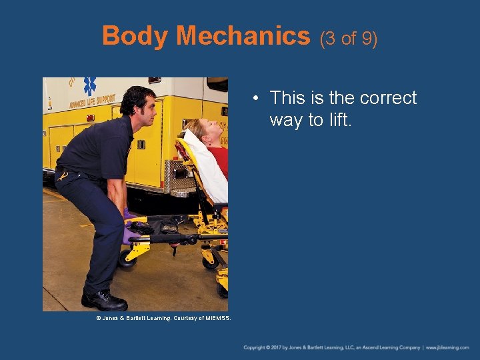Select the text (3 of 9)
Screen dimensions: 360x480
pos(349,38)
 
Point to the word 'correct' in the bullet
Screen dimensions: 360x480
pos(387,98)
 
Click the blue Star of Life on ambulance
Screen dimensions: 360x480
pos(89,85)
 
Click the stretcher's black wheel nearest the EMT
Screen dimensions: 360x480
pos(127,259)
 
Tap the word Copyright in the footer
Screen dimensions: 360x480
pos(257,347)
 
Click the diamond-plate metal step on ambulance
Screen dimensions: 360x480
pos(175,175)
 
